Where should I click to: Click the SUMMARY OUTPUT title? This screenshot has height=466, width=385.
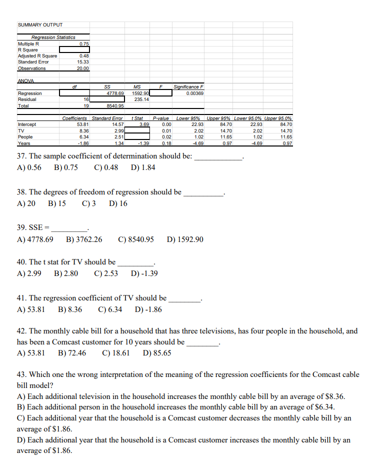[40, 24]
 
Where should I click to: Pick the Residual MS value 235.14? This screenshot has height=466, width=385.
[142, 99]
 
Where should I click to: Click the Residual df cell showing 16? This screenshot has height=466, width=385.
[85, 99]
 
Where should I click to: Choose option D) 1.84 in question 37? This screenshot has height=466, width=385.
[142, 167]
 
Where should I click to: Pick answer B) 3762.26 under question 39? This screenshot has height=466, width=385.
[84, 239]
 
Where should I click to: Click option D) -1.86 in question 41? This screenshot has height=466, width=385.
[148, 309]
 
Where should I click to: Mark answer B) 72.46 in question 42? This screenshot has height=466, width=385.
[72, 352]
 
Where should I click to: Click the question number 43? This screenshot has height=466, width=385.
[22, 374]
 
